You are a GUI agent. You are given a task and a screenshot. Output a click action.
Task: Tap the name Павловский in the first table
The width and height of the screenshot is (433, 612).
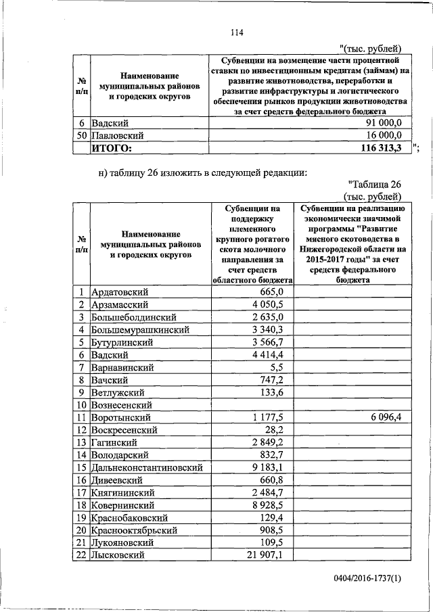tap(114, 135)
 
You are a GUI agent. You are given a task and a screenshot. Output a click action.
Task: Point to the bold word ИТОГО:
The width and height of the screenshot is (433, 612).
tap(112, 148)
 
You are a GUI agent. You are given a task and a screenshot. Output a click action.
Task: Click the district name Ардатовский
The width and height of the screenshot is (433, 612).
tap(119, 291)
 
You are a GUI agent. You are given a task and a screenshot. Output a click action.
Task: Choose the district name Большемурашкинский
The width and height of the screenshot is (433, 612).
tap(139, 329)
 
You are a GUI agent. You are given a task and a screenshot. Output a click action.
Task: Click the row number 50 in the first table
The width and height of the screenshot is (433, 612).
tap(81, 135)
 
